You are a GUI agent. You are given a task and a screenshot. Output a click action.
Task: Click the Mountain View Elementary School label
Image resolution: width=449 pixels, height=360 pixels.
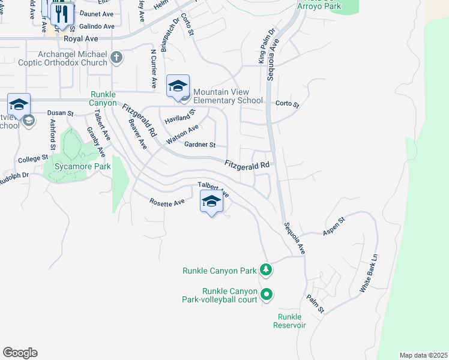[228, 96]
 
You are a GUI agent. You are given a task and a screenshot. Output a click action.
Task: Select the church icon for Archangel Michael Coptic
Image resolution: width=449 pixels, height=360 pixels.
[116, 58]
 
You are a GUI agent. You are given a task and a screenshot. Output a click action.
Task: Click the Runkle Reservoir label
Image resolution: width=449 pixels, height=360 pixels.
[291, 321]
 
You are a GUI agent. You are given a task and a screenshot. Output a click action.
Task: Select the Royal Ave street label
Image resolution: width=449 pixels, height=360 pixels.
[81, 38]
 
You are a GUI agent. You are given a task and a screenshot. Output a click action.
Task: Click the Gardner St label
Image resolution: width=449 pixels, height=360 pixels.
[200, 145]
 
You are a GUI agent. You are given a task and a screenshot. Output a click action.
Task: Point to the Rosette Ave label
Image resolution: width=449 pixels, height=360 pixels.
[167, 203]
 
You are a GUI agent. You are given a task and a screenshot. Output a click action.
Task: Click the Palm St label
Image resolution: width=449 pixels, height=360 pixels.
[315, 304]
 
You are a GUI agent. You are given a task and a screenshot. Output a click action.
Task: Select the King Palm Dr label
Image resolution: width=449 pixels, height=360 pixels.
[265, 46]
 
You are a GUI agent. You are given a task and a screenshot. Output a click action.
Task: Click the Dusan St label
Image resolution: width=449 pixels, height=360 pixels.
[60, 113]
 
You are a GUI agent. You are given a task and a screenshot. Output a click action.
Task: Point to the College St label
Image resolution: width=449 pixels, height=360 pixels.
[32, 159]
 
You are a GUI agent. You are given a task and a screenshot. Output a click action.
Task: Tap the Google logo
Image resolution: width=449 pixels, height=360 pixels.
[20, 353]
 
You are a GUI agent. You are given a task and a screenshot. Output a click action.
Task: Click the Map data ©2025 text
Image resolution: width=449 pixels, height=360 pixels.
[423, 355]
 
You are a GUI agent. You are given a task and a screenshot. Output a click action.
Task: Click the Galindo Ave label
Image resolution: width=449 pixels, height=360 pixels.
[97, 26]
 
